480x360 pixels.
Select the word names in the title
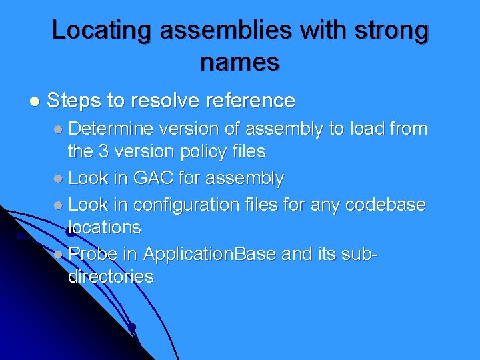(240, 62)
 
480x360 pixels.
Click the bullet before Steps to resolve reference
(35, 101)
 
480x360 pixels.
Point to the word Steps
(73, 101)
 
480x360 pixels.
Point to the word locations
(105, 227)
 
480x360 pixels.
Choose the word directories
(111, 277)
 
